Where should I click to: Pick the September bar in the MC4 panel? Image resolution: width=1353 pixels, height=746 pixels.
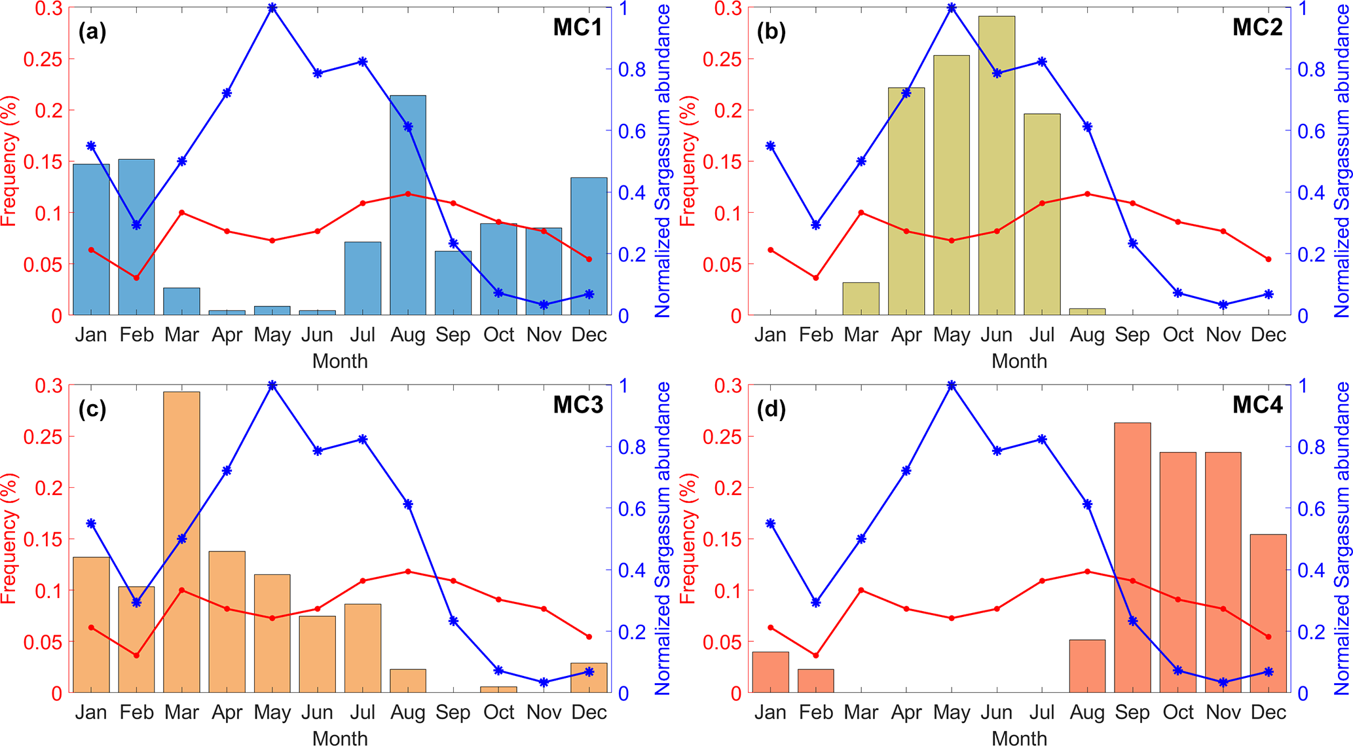coord(1132,557)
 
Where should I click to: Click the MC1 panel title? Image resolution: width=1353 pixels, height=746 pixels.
coord(577,28)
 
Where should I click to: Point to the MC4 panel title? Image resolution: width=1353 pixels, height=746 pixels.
coord(1257,405)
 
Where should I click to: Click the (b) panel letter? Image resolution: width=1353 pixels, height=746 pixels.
coord(771,31)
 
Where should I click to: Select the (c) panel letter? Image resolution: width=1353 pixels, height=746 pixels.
coord(92,409)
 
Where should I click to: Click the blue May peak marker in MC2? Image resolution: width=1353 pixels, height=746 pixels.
coord(952,8)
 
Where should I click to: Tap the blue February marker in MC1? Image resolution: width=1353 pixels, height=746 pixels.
coord(136,225)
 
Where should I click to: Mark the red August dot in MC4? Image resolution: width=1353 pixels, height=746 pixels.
coord(1087,571)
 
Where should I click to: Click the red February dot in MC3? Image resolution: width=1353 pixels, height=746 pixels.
coord(136,655)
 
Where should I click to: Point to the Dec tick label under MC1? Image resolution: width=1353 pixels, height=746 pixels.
coord(589,335)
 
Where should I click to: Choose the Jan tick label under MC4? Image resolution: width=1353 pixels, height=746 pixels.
coord(770,713)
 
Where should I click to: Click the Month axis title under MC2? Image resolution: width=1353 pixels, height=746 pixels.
coord(1019,361)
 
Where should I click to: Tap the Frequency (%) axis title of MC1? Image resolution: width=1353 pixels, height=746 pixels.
coord(9,161)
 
